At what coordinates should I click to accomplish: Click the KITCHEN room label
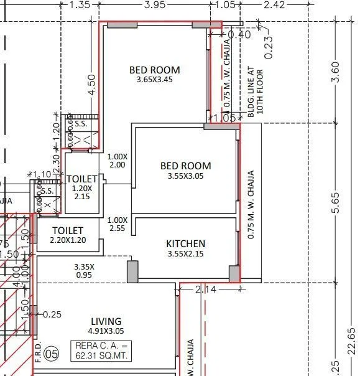coord(185,243)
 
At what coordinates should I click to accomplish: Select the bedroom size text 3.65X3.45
coord(154,80)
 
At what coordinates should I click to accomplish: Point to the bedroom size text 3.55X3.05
coord(185,176)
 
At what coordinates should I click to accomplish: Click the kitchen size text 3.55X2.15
coord(185,254)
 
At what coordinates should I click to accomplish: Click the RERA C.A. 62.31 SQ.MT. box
coord(103,350)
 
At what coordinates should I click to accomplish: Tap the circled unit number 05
coord(53,355)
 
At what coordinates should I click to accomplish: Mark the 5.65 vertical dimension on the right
coord(353,202)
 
